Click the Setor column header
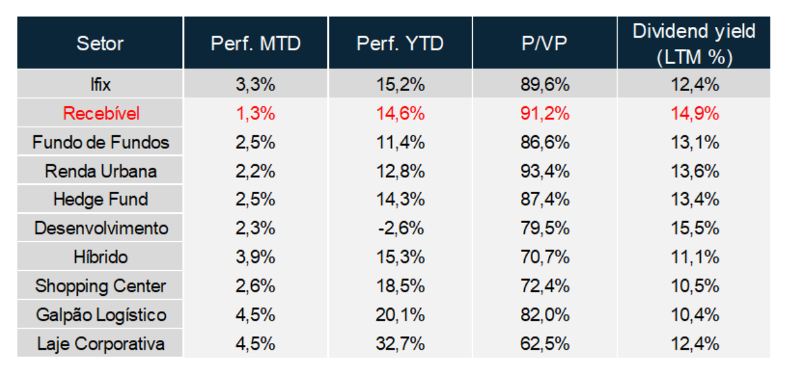(x=100, y=43)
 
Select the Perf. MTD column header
(x=256, y=43)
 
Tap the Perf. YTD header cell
(x=400, y=43)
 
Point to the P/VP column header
(x=544, y=43)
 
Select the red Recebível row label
(x=101, y=114)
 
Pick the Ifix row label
(x=100, y=84)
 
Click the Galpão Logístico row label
(x=101, y=315)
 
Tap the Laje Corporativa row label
(x=101, y=344)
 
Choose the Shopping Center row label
(x=100, y=286)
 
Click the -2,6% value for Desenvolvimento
(x=401, y=228)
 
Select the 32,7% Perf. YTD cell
(x=401, y=344)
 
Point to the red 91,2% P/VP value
(x=545, y=114)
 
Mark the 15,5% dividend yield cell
(x=695, y=228)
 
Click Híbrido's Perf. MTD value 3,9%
(x=256, y=257)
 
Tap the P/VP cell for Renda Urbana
(x=545, y=172)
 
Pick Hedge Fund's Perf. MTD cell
(x=256, y=200)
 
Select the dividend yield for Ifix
(x=695, y=85)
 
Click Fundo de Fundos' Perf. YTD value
(x=401, y=143)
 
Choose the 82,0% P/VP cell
(x=545, y=315)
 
